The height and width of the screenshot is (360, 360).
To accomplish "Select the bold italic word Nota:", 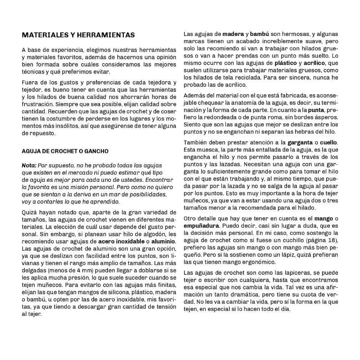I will tap(29, 166).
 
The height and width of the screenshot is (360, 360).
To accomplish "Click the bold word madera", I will tap(233, 34).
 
